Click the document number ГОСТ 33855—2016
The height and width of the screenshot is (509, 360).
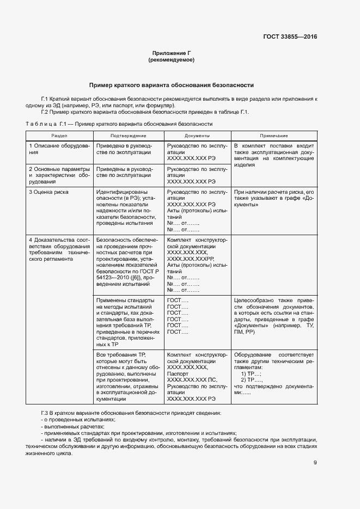coord(289,37)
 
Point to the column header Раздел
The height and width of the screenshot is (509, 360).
coord(60,135)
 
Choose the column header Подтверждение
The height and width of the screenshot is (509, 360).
coord(128,135)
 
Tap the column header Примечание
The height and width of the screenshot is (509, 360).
coord(273,135)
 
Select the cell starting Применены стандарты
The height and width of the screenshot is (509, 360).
coord(128,322)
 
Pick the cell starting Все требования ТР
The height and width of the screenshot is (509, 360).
coord(128,376)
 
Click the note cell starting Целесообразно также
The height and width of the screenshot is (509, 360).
coord(273,315)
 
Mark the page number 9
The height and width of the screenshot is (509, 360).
coord(315,463)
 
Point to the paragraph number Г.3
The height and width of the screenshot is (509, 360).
coord(46,413)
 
